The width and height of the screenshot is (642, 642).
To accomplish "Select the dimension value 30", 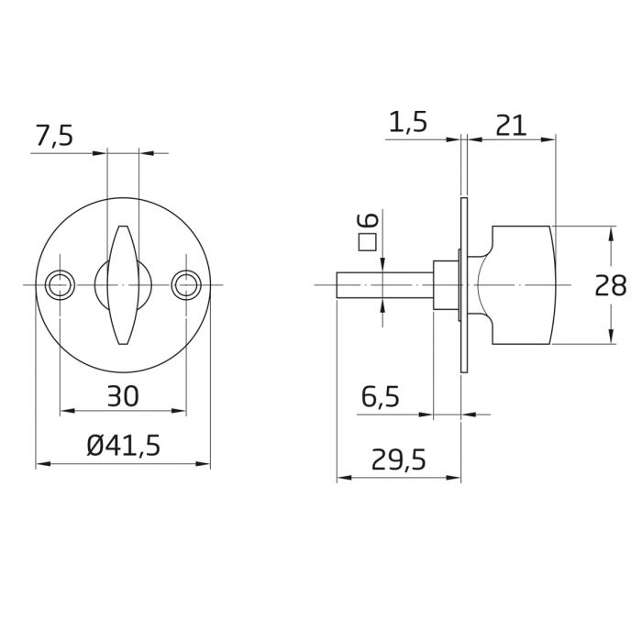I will tap(123, 396).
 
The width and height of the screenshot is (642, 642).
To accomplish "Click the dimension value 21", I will tap(510, 124).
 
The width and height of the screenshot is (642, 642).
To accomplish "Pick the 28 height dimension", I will tap(610, 285).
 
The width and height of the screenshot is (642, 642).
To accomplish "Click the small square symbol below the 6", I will tap(368, 242).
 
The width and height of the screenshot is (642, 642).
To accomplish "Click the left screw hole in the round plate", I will tap(61, 285).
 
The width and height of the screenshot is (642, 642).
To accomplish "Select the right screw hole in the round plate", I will tap(187, 285).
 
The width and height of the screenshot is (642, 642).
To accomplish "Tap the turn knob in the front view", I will tap(123, 285).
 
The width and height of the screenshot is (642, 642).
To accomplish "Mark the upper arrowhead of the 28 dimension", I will tap(611, 230).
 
